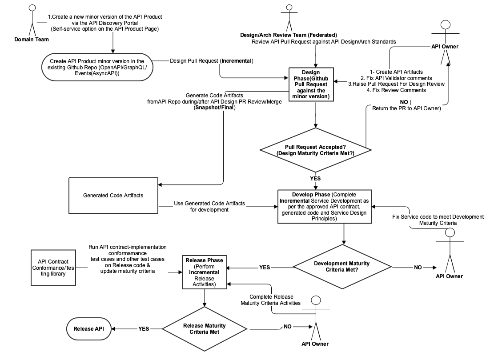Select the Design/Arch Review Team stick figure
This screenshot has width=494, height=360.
289,18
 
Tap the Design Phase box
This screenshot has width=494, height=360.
311,84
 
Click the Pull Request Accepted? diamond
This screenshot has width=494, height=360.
316,150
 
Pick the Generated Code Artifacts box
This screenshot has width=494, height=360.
113,196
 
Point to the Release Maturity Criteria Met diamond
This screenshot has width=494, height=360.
205,329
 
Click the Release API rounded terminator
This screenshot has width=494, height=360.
88,329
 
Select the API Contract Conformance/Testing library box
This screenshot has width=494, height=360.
52,268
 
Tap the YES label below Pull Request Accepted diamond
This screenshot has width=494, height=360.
315,178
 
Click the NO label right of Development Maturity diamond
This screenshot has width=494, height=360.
418,268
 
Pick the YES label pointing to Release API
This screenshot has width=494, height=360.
144,329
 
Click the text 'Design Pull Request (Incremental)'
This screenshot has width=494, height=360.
212,60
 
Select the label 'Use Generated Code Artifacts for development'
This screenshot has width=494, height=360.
209,206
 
